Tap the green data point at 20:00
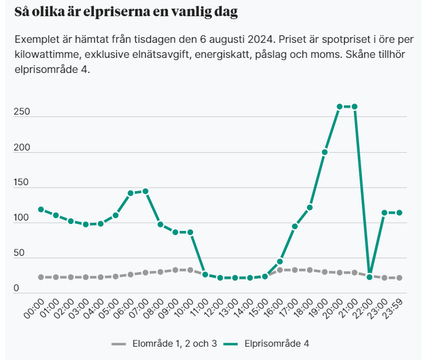[x=339, y=106]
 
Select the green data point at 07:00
[x=145, y=191]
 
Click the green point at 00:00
[x=41, y=210]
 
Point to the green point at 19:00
[x=325, y=152]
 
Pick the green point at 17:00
[x=295, y=226]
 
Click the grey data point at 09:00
[x=175, y=270]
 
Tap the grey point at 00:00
[x=41, y=277]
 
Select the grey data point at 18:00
[x=310, y=270]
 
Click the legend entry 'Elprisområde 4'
[x=275, y=343]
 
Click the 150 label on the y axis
[x=21, y=183]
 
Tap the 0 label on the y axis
[x=17, y=288]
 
